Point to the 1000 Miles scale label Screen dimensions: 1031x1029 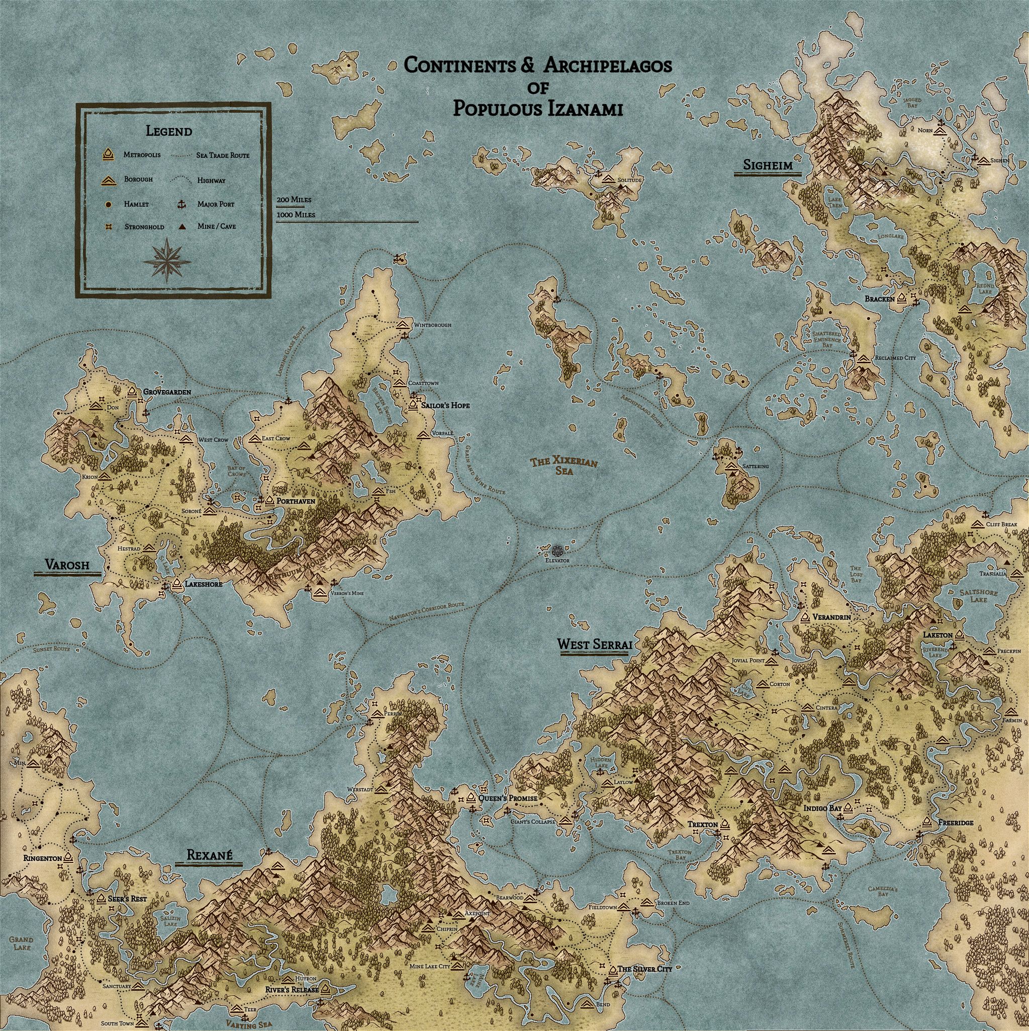point(296,214)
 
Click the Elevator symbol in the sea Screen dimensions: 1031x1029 point(557,550)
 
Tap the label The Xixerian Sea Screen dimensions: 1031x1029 point(564,466)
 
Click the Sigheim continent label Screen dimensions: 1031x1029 point(768,166)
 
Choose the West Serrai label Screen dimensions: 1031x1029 point(595,645)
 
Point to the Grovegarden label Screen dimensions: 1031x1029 point(166,391)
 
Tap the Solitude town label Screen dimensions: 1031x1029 point(629,180)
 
